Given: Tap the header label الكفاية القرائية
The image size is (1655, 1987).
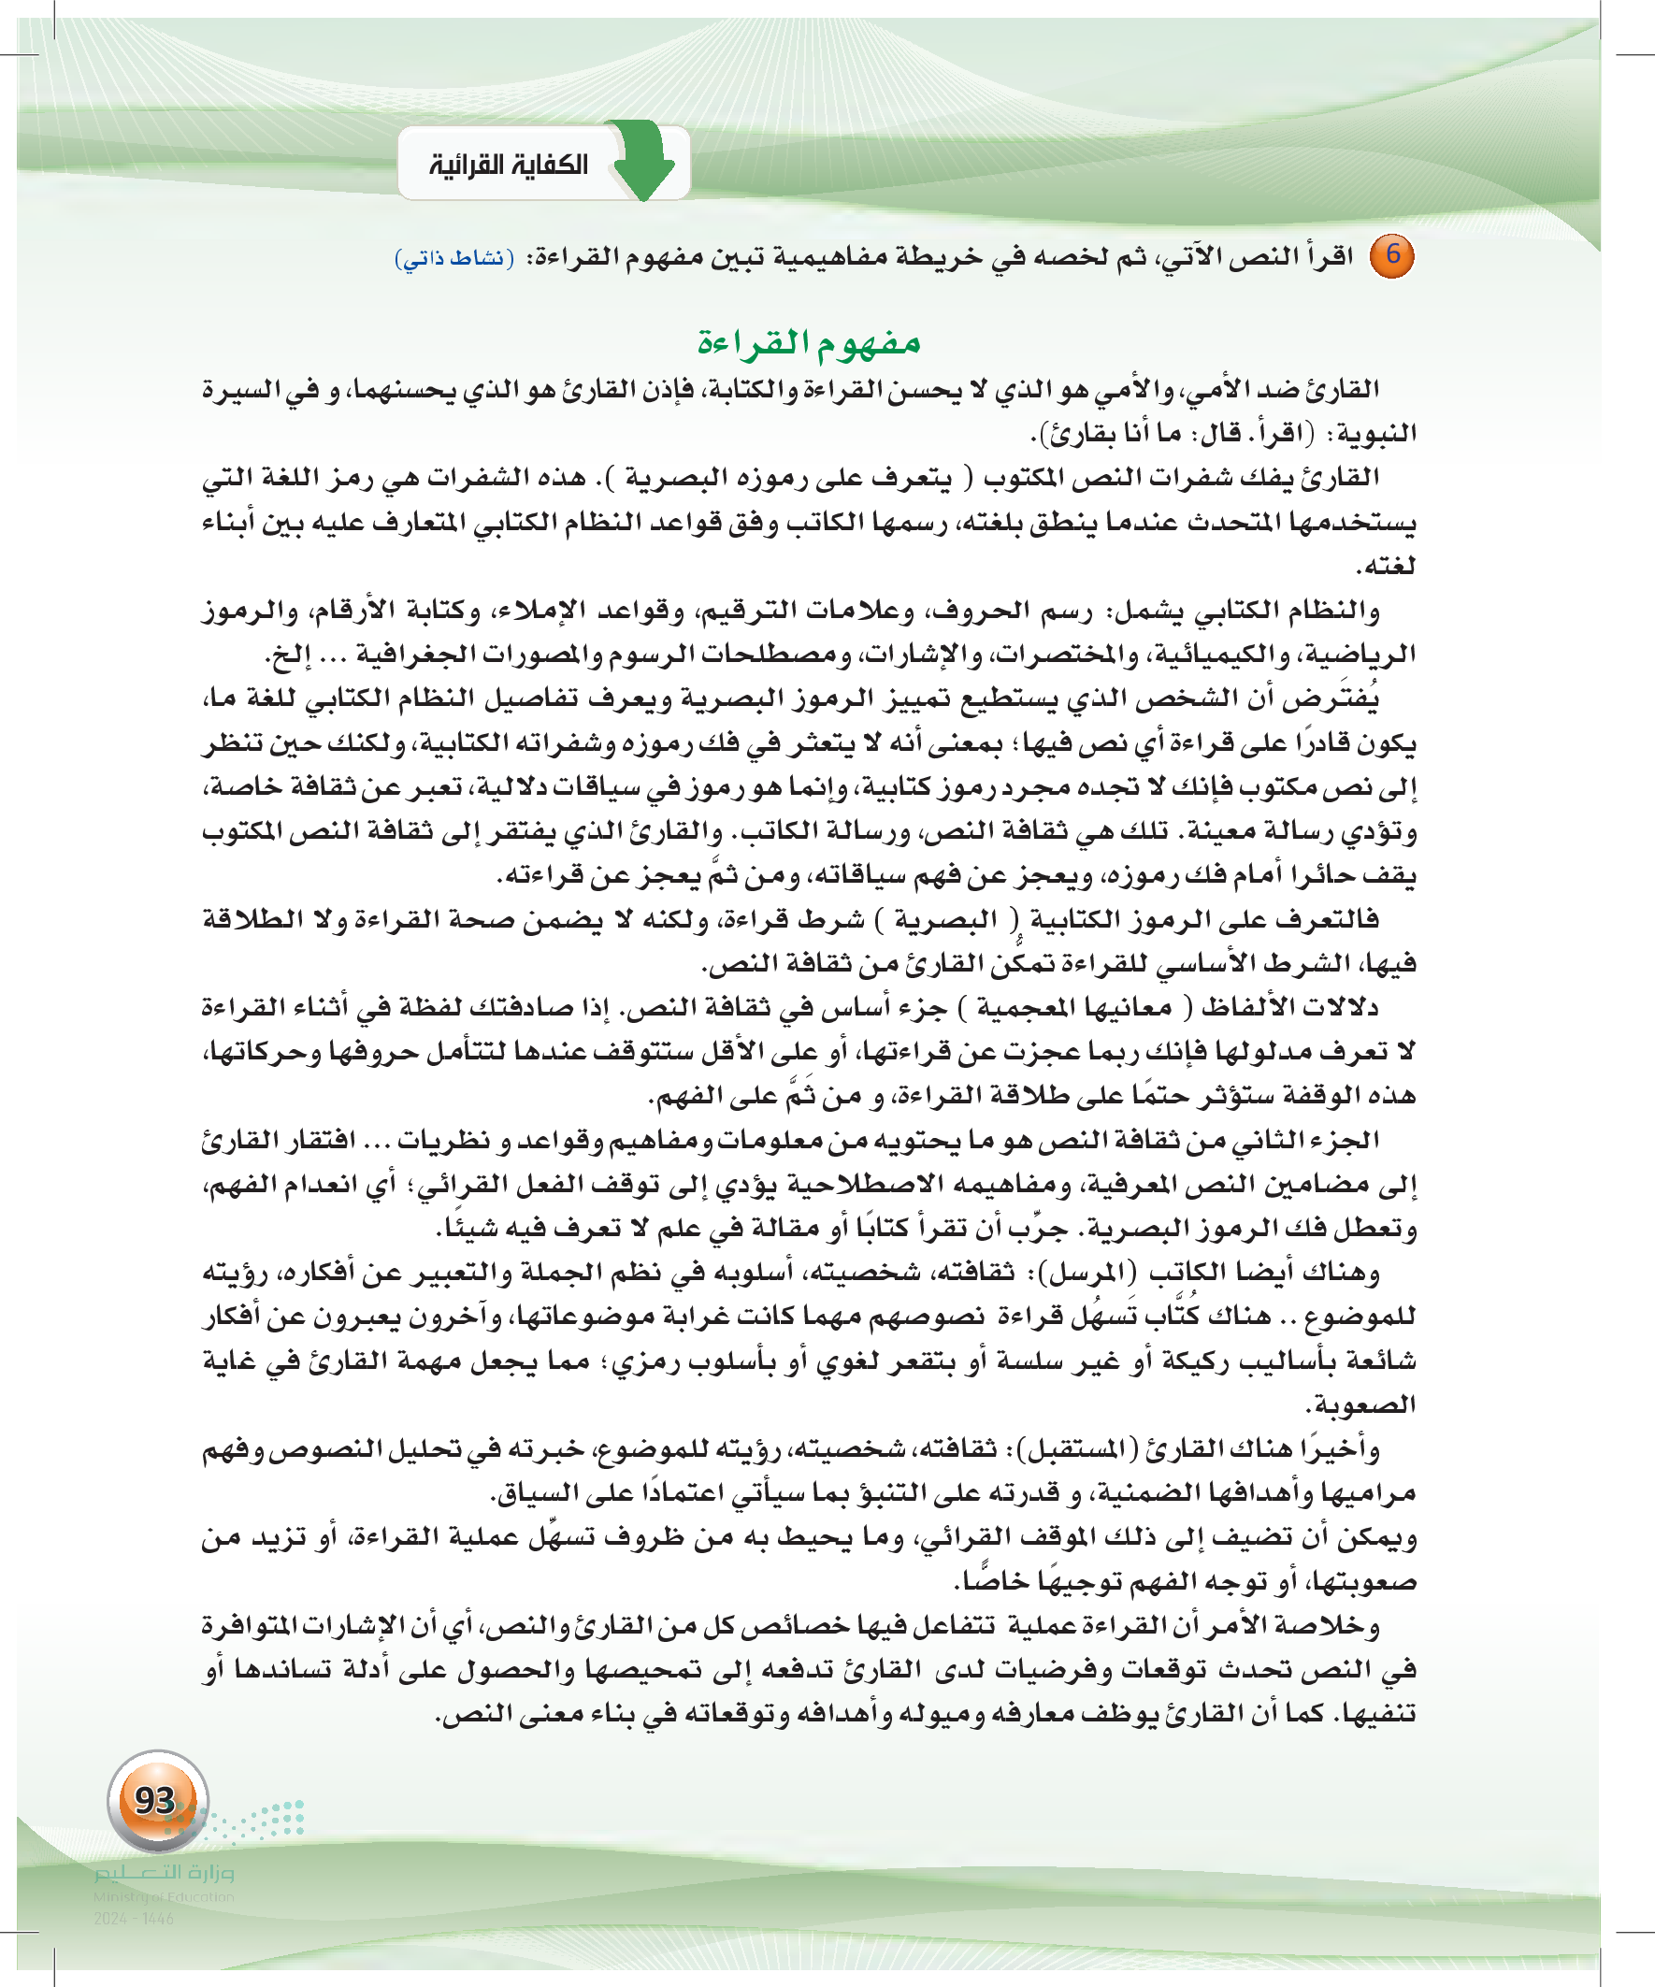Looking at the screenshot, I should pos(509,166).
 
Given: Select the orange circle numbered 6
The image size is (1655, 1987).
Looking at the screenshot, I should pos(1393,255).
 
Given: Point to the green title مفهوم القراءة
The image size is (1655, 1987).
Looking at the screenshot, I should pos(809,341).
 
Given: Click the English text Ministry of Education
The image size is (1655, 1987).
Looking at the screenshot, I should pos(164,1896).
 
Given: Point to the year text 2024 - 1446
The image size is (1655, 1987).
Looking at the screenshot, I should pos(134,1918).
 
